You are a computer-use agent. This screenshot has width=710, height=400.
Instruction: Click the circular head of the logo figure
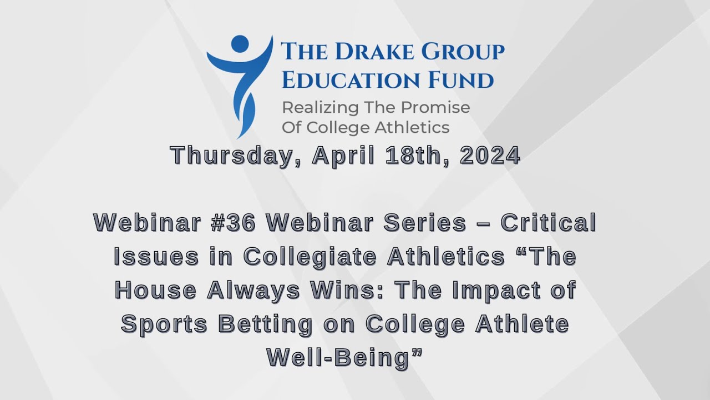tap(240, 43)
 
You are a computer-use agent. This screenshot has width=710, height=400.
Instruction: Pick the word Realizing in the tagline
tap(321, 108)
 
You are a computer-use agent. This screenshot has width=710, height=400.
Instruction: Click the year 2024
tap(490, 155)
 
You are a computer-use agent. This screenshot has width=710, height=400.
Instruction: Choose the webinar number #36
tap(234, 223)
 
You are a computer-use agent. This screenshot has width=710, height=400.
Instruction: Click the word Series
tap(425, 223)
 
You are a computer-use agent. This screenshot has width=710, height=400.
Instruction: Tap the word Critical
tap(549, 223)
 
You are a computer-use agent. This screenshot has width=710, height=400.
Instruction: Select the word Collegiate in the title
tap(310, 257)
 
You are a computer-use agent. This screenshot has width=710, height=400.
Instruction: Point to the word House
tap(156, 290)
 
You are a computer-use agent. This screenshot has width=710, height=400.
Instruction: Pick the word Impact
tap(496, 291)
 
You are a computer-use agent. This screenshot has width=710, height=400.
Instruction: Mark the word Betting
tap(266, 324)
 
